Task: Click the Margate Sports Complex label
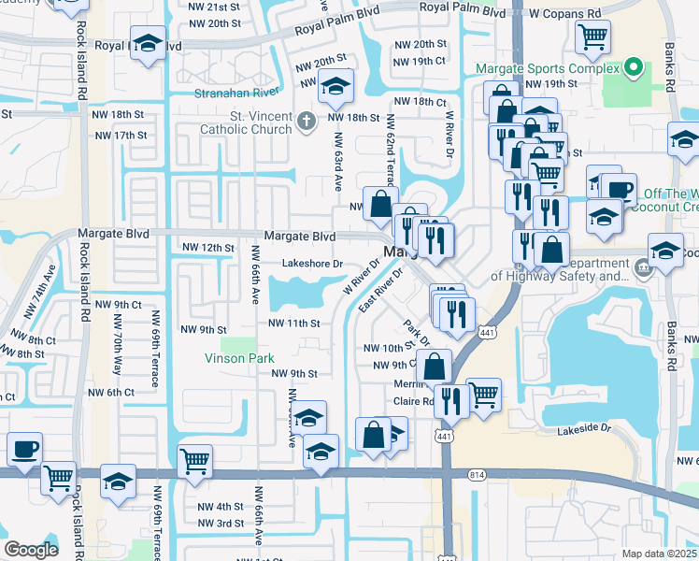click(x=548, y=68)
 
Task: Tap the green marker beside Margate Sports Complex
click(x=633, y=68)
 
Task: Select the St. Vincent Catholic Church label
click(x=247, y=122)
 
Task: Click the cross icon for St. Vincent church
click(x=307, y=121)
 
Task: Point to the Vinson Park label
click(x=240, y=358)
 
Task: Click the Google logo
click(x=31, y=550)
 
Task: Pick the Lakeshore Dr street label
click(x=313, y=264)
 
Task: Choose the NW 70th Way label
click(x=117, y=356)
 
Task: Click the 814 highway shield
click(x=478, y=476)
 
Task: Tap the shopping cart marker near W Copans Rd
click(x=592, y=39)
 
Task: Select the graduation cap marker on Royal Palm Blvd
click(x=147, y=46)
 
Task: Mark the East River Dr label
click(x=379, y=294)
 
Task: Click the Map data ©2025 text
click(x=659, y=554)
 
